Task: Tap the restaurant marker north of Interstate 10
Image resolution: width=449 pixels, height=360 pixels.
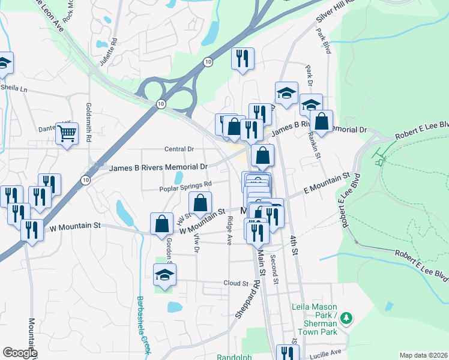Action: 243,58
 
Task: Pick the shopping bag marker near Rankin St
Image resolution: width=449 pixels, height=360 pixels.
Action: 321,121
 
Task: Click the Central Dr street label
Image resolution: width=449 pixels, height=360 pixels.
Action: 179,149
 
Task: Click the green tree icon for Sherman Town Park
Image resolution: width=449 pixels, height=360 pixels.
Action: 346,317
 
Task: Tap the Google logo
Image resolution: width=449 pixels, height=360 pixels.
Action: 20,353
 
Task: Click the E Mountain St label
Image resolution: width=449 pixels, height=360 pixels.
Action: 326,181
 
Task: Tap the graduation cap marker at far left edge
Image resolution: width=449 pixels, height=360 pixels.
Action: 4,63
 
